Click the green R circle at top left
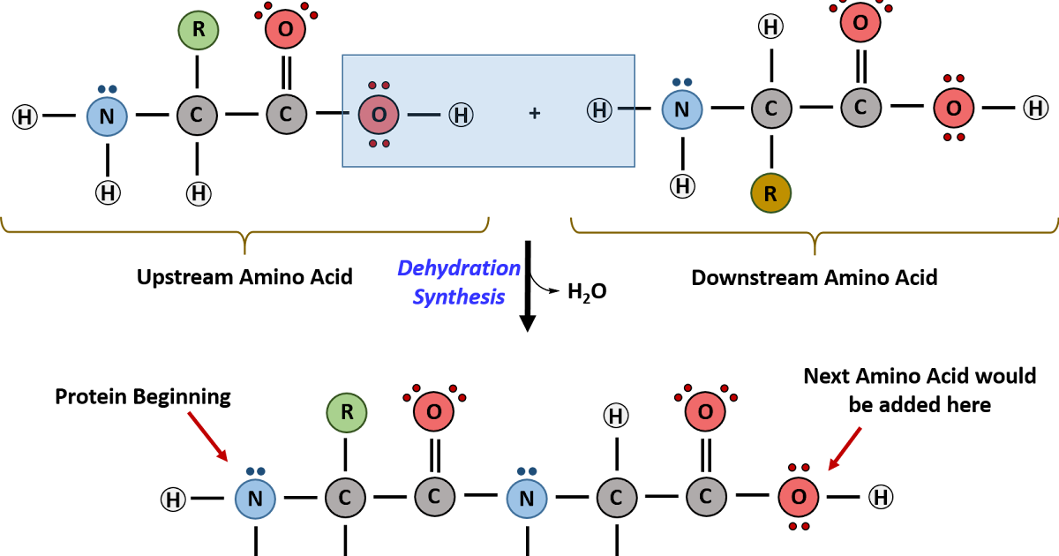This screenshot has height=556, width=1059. coord(199,30)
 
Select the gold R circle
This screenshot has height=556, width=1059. coord(770,193)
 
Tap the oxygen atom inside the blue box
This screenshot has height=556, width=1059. coord(379,115)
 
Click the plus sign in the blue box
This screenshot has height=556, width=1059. coord(534,113)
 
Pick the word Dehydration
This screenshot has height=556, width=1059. coord(458,268)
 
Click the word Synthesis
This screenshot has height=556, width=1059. coord(458,297)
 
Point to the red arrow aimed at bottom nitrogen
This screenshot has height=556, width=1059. coord(208,436)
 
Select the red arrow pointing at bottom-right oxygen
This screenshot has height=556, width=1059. coord(844,448)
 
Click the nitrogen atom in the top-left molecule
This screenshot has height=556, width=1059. coord(107,116)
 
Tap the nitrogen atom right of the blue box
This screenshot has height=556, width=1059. coord(682,109)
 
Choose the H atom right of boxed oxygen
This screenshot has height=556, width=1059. coord(461,115)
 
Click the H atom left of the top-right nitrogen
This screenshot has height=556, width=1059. coord(599,110)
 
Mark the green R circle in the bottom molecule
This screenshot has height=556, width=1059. coord(347,412)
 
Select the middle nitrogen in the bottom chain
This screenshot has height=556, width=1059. coord(527,499)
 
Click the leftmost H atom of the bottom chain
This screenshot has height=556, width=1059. coord(173,500)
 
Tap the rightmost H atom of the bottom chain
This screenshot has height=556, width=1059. coord(881,497)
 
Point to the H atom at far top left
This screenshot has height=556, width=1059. coord(25,116)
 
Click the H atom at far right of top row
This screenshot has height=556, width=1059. coord(1036,108)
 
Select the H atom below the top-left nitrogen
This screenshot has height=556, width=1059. coord(108,192)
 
